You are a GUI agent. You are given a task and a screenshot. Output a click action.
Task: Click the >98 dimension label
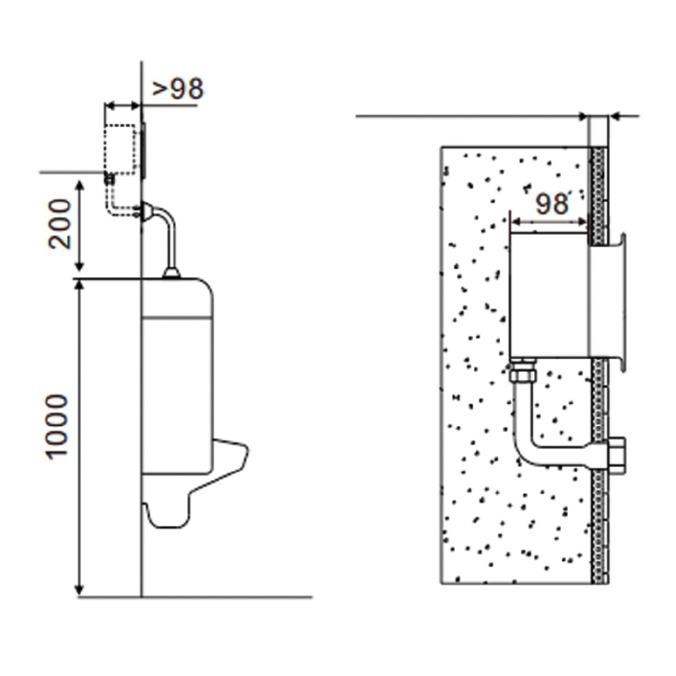coord(177,89)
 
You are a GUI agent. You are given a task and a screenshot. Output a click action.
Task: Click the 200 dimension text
coord(59,224)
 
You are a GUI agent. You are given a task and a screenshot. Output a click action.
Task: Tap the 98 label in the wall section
coord(551,204)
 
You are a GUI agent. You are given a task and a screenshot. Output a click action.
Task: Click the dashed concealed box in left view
coord(121,149)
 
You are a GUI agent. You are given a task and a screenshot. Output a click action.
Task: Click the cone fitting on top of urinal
coord(171,273)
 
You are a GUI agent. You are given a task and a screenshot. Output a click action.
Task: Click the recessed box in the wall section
coord(549,295)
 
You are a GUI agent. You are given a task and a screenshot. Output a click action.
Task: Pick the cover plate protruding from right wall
coord(608,300)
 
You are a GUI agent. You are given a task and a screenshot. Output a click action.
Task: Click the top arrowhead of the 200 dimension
coord(80,186)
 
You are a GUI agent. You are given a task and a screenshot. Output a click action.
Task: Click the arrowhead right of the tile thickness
coord(616,116)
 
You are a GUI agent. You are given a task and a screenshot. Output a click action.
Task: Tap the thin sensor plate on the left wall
coord(143,150)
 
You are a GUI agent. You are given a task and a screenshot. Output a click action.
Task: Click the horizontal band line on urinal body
coord(177,318)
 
